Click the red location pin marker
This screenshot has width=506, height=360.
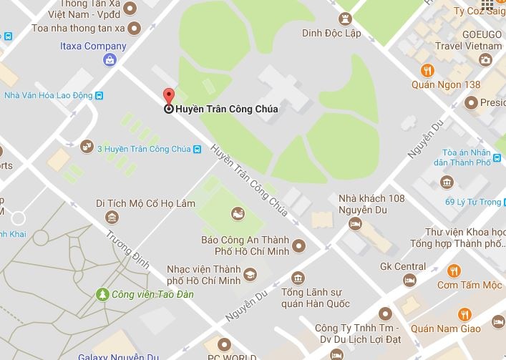tap(169, 98)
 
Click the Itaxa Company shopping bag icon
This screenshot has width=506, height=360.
tap(109, 60)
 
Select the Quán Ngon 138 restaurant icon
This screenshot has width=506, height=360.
tap(427, 70)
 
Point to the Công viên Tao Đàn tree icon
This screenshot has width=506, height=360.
tap(104, 294)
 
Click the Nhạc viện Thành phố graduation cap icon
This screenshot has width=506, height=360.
tap(250, 274)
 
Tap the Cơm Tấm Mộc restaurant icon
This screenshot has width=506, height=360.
tap(453, 271)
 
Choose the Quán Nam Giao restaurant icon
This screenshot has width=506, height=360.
tap(464, 314)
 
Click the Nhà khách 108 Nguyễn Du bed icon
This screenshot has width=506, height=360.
tap(354, 224)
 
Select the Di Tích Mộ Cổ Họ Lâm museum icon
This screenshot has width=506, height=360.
tap(112, 217)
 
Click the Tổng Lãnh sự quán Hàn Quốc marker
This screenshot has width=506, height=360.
tap(298, 278)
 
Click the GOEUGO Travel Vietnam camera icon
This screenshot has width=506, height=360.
tap(486, 59)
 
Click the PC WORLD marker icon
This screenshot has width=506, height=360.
tap(226, 344)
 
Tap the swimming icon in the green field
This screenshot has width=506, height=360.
tap(237, 213)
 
